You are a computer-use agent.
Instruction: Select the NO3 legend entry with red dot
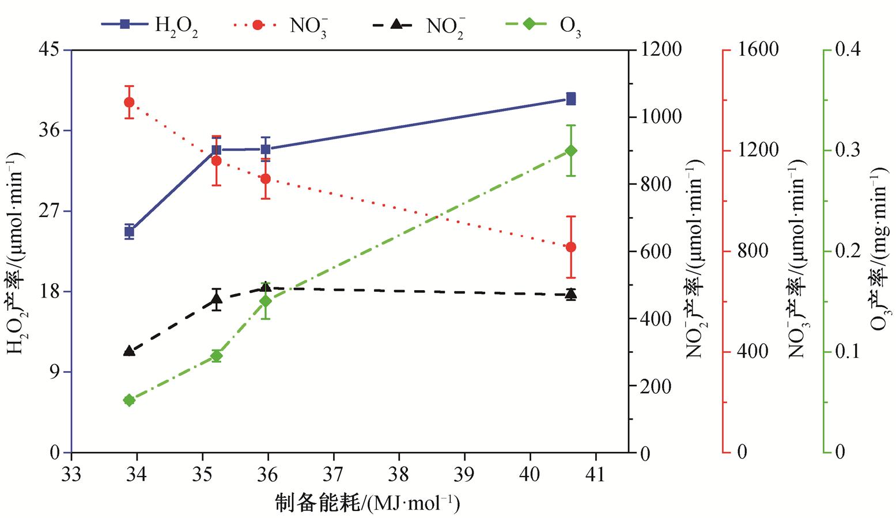click(x=282, y=25)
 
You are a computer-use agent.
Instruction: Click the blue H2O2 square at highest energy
click(x=570, y=98)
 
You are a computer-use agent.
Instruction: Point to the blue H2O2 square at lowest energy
click(x=129, y=232)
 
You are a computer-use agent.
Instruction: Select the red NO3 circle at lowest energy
click(x=129, y=102)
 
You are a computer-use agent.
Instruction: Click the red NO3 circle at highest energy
click(x=570, y=247)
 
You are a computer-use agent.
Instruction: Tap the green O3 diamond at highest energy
click(x=570, y=151)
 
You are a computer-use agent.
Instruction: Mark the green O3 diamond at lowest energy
click(x=129, y=401)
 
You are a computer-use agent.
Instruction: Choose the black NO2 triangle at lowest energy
click(x=129, y=351)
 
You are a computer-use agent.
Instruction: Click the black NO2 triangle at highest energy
click(x=570, y=295)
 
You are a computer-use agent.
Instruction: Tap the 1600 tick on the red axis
click(x=757, y=49)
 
